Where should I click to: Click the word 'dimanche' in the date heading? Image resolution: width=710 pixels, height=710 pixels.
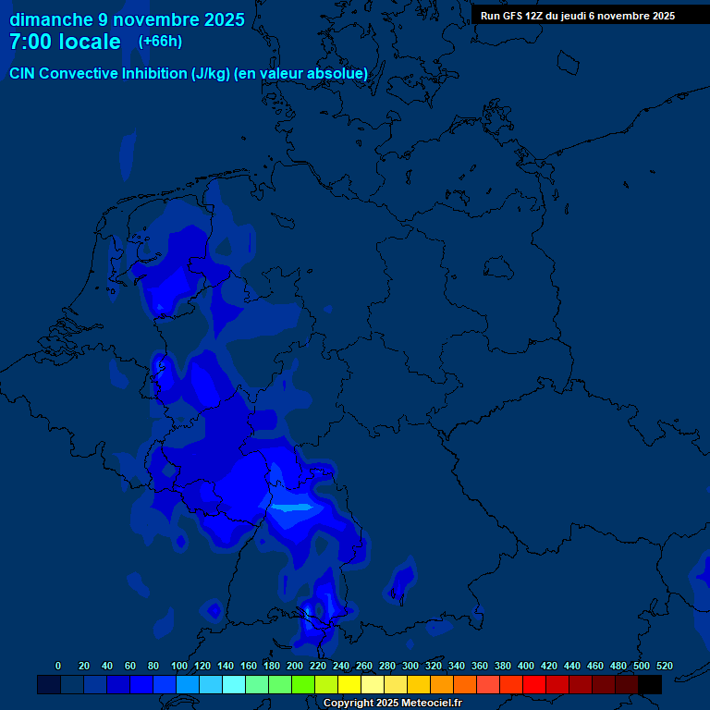tap(51, 19)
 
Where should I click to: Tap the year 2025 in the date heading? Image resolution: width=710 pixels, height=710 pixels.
tap(222, 19)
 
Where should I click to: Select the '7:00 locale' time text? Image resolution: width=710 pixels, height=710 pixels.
tap(65, 43)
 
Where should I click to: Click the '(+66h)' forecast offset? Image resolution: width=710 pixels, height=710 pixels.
tap(160, 42)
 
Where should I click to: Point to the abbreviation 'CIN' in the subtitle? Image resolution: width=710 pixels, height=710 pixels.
tap(24, 74)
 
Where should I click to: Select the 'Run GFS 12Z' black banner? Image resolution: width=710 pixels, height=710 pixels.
tap(578, 16)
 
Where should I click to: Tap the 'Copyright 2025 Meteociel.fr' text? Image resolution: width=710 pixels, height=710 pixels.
tap(392, 704)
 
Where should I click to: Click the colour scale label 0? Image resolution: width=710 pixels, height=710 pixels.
tap(58, 666)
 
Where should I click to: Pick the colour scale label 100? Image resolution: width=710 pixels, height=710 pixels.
tap(179, 666)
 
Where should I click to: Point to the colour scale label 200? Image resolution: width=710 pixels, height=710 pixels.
tap(295, 666)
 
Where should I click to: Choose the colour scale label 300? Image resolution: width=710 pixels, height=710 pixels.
tap(410, 666)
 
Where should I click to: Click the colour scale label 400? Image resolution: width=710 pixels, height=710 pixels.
tap(526, 666)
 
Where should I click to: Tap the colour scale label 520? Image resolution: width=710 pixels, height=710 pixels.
tap(665, 666)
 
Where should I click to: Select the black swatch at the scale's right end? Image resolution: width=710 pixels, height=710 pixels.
tap(650, 684)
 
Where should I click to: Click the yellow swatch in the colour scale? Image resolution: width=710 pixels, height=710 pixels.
tap(349, 684)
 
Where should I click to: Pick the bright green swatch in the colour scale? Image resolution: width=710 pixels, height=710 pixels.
tap(303, 684)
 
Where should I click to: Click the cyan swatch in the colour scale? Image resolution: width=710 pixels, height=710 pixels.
tap(234, 684)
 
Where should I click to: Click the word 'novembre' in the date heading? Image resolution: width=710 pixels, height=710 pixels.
tap(147, 19)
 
